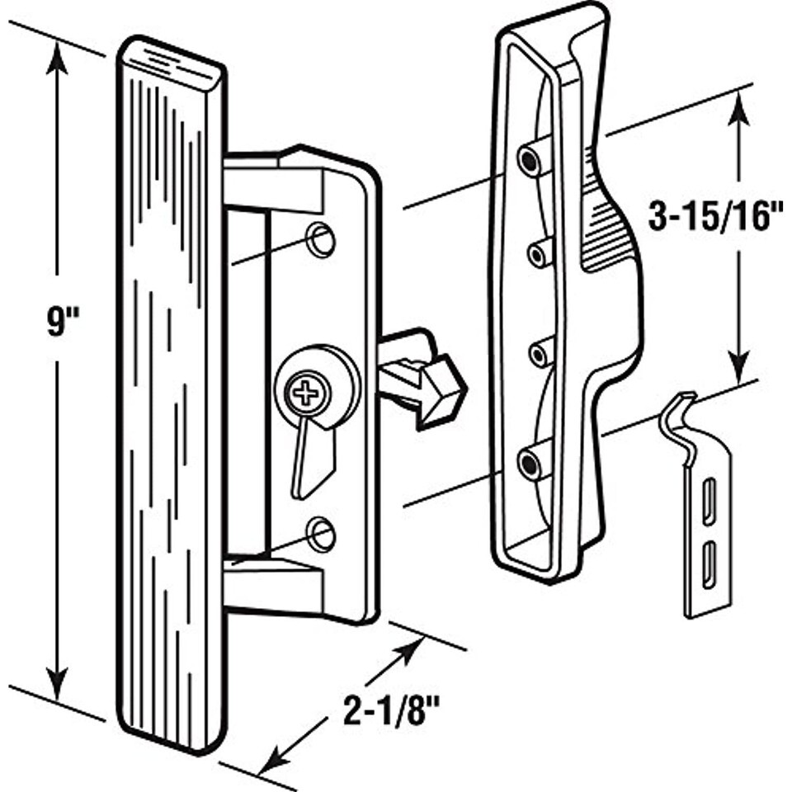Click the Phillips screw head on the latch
coord(306,391)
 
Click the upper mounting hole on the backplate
coord(321,239)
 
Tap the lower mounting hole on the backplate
coord(321,535)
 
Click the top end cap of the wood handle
coord(172,61)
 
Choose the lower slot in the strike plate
coord(709,566)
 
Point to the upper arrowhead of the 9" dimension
coord(56,58)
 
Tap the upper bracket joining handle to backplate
coord(272,186)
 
